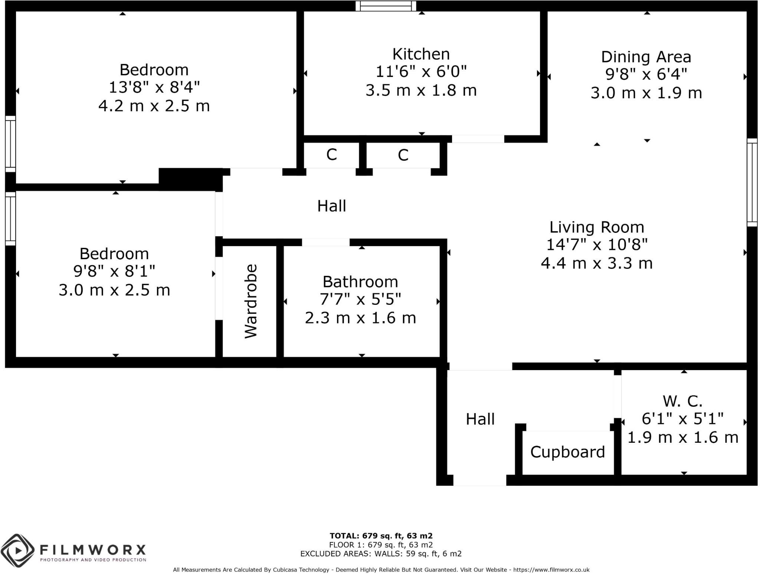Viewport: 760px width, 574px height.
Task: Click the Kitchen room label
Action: point(421,54)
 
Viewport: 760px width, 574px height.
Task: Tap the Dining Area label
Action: point(646,57)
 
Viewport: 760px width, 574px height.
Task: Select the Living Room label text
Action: point(596,227)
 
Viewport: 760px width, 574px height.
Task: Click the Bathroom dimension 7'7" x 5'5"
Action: point(360,299)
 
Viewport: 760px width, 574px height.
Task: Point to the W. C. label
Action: point(682,401)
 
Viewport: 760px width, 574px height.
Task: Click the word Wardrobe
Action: point(251,301)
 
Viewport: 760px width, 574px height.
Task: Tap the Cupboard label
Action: point(567,452)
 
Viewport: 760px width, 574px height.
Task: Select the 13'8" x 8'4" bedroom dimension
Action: point(154,88)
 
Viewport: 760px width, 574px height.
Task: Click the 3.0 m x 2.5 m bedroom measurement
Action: point(114,290)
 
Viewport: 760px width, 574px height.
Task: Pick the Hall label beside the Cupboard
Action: point(480,419)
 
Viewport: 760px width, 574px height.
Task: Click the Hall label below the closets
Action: point(331,206)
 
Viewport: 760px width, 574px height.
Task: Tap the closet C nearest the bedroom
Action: point(331,154)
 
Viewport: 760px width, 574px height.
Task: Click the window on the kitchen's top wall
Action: point(386,6)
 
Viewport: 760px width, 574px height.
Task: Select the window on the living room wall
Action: point(752,182)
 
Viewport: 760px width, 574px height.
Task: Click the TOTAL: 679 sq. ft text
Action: point(381,535)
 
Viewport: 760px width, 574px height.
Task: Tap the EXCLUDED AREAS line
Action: point(381,554)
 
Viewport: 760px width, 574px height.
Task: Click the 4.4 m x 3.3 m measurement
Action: point(596,263)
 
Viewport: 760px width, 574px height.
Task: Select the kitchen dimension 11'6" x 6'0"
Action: point(421,71)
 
